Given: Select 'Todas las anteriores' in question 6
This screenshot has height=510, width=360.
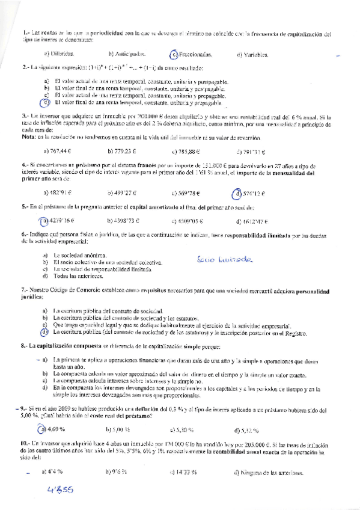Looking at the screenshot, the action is pos(78,276).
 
